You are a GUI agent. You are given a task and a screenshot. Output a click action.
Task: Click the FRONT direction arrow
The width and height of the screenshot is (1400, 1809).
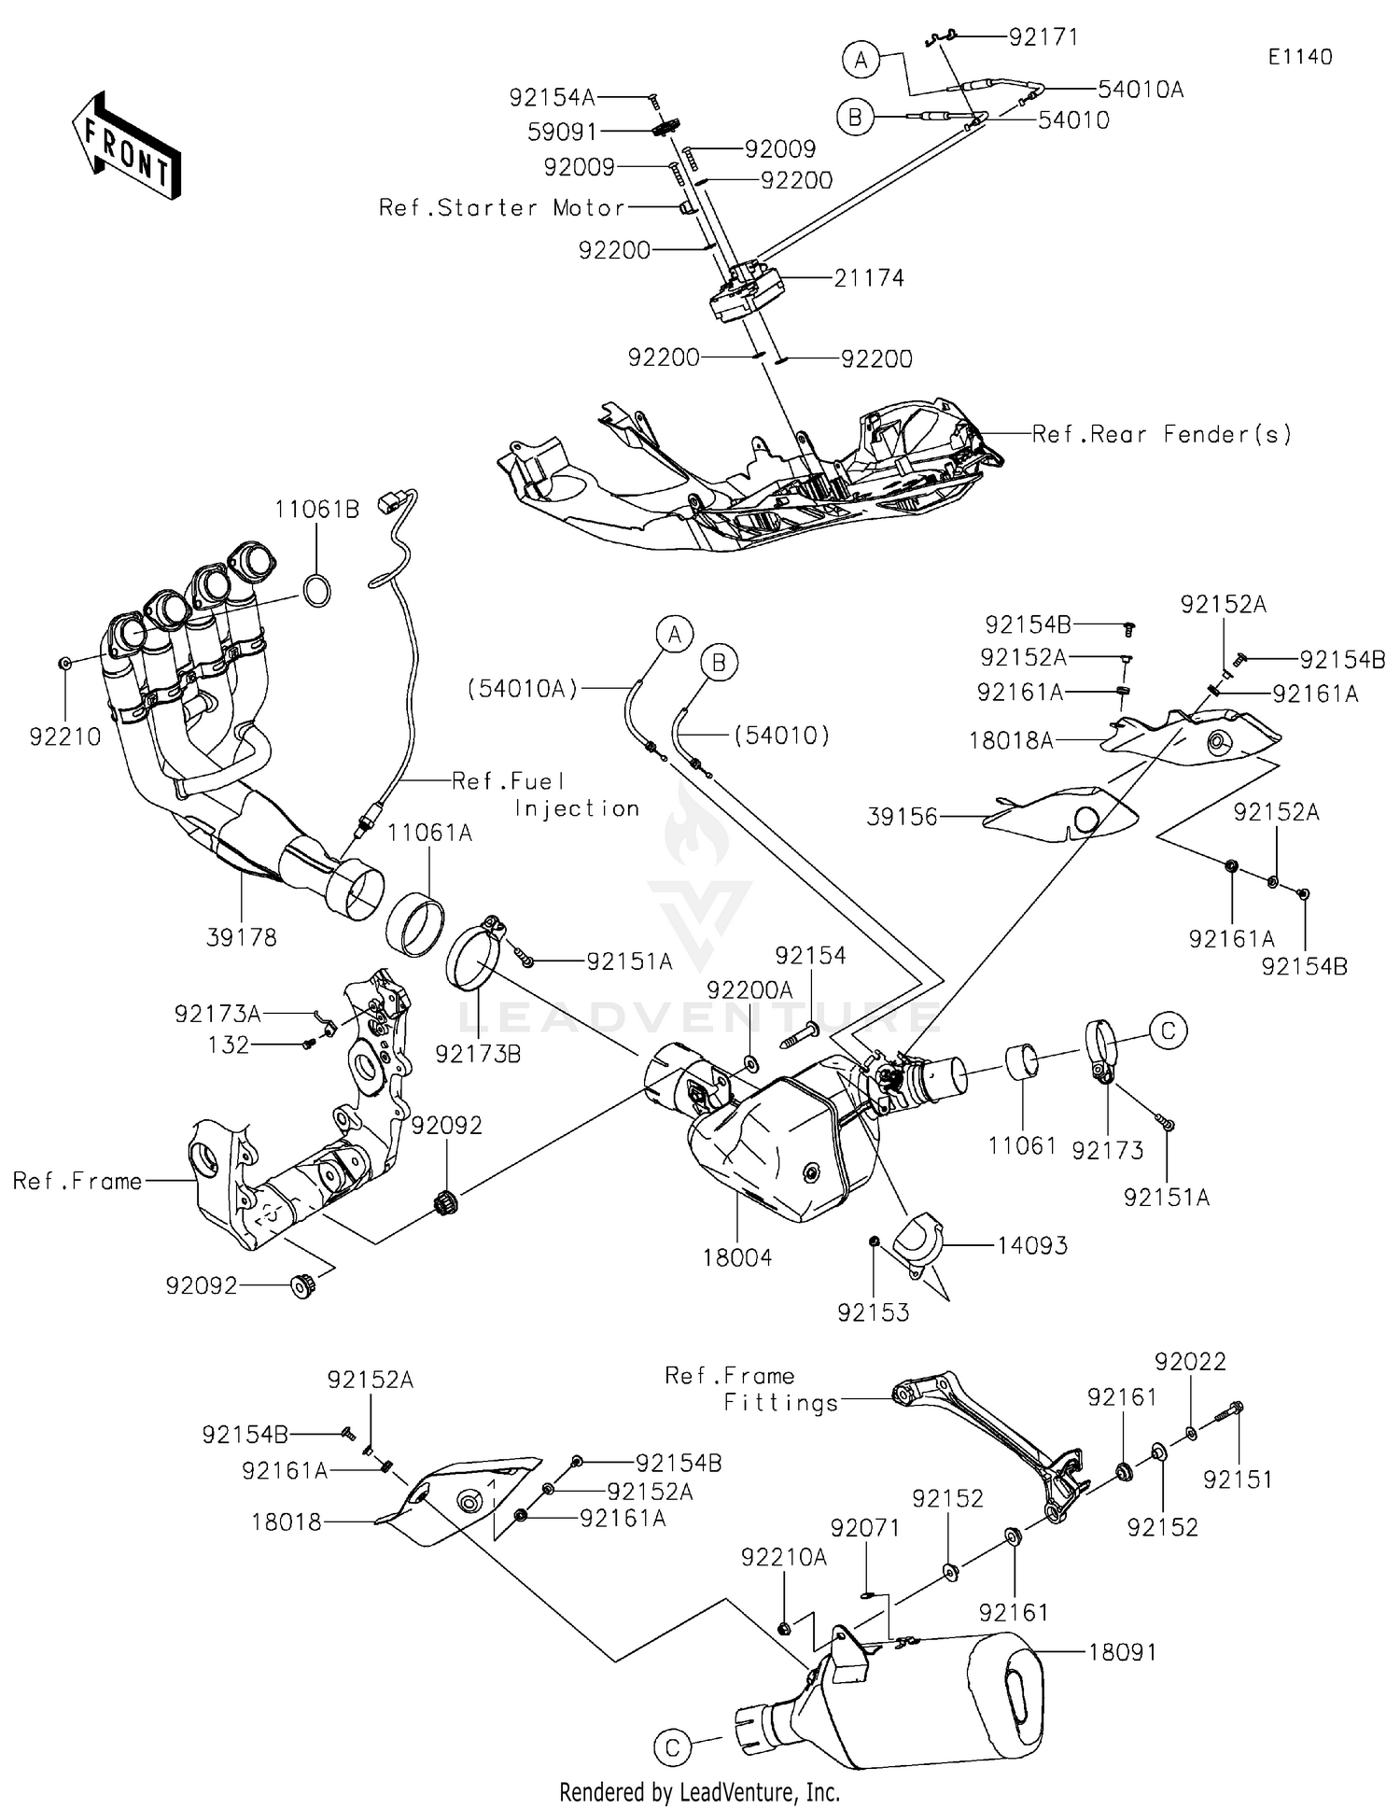point(125,146)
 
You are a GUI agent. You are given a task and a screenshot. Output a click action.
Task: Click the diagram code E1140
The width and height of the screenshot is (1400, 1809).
point(1300,57)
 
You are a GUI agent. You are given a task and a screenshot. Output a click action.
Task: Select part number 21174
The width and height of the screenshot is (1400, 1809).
point(869,278)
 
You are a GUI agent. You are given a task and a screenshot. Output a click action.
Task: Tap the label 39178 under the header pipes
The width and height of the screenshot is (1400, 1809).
point(242,937)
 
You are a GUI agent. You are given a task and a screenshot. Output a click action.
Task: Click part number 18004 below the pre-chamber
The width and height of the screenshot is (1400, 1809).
point(737,1257)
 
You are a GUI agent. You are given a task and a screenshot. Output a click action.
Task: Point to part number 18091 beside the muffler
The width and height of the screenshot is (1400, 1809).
point(1122,1652)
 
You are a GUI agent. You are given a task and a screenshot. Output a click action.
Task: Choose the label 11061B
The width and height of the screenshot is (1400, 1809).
point(316,510)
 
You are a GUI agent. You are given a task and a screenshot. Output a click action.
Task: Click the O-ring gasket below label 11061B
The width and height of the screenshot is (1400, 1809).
point(317,592)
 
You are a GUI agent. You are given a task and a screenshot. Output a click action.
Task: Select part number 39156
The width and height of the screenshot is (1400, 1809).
point(903,817)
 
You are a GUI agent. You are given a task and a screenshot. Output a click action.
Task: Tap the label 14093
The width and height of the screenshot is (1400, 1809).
point(1032,1245)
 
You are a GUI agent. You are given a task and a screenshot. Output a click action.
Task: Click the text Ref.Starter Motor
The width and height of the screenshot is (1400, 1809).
point(501,207)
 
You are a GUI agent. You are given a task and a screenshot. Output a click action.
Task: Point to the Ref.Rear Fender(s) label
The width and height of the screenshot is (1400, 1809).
point(1162,434)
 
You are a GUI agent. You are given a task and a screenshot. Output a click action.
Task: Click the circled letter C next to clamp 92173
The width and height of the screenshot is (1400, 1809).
point(1168,1031)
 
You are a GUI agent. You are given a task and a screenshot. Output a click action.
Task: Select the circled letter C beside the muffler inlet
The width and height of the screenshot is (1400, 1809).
point(673,1748)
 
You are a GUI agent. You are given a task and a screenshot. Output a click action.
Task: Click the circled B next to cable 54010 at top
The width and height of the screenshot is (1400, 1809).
point(855,118)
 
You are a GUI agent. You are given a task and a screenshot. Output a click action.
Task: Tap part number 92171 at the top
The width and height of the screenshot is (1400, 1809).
point(1043,37)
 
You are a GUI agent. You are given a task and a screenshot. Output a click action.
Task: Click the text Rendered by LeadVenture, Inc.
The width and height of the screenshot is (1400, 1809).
point(699,1792)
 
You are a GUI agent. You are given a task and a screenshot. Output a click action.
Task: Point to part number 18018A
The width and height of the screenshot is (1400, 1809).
point(1011,741)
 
